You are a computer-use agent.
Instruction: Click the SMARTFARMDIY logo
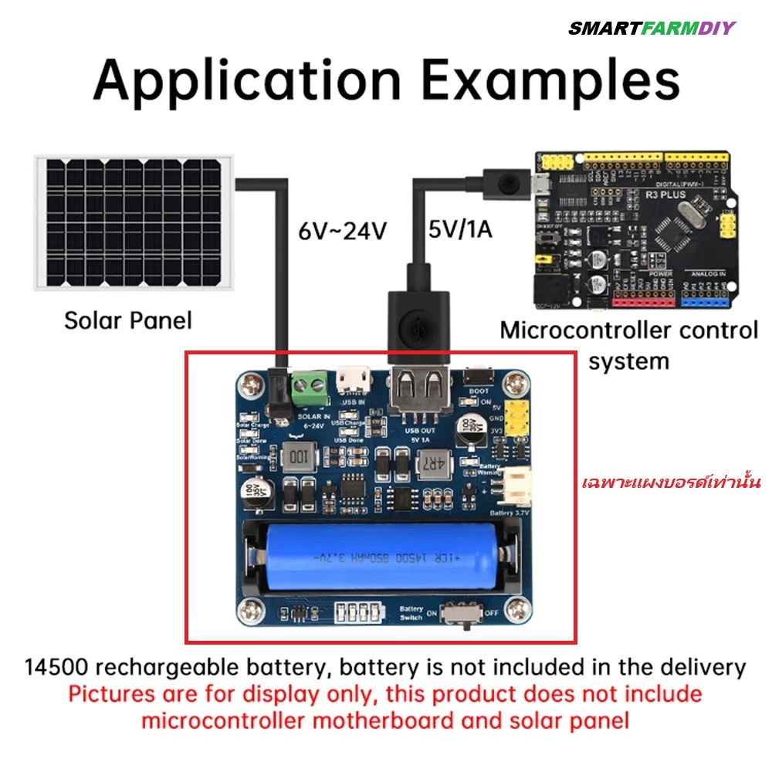point(652,29)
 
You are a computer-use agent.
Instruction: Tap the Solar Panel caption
point(127,320)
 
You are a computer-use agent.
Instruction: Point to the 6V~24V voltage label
point(342,231)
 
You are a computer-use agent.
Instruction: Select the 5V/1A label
point(461,230)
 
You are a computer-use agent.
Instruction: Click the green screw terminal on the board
point(310,386)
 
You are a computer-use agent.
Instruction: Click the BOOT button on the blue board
point(479,377)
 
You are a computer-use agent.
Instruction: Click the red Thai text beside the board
point(671,484)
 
